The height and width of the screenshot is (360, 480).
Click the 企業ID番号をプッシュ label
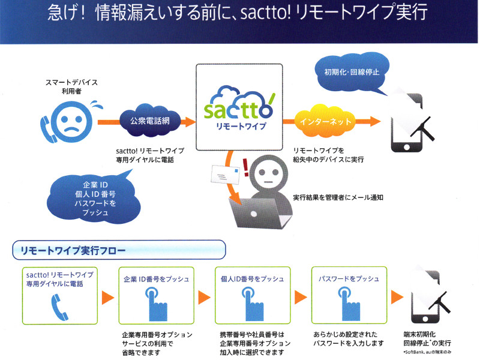[156, 279]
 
